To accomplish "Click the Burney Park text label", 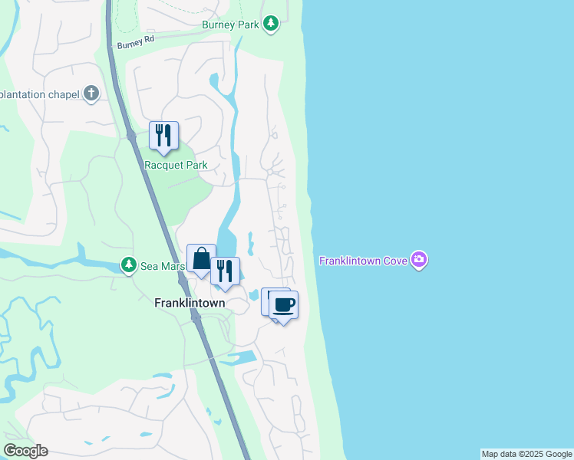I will [x=231, y=25].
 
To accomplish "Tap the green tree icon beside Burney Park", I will [x=270, y=25].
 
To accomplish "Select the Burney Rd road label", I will [x=136, y=41].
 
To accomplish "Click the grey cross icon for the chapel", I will [x=91, y=94].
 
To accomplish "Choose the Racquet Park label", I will [x=176, y=165].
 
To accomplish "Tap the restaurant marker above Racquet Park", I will [x=163, y=136].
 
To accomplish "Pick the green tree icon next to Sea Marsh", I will [x=129, y=266].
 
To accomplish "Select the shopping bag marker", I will [x=201, y=258].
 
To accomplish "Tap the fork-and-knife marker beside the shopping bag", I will [x=225, y=271].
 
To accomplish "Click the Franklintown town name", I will [x=190, y=303].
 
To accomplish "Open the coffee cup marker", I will [x=284, y=305].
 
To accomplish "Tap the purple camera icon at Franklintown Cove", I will [x=419, y=260].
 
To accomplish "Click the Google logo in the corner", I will [x=25, y=450].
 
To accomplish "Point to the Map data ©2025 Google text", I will [x=526, y=454].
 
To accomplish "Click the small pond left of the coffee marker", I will [x=253, y=295].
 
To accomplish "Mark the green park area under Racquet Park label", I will [x=184, y=192].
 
